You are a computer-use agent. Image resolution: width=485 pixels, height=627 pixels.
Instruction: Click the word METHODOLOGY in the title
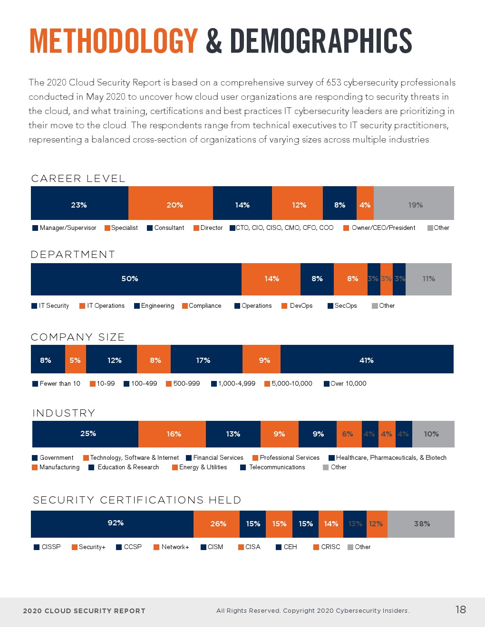114,41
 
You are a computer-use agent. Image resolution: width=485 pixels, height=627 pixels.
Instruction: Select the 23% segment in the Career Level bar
79,205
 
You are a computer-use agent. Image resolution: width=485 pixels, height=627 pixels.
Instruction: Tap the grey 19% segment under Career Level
415,205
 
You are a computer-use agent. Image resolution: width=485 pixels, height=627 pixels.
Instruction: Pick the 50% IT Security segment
130,279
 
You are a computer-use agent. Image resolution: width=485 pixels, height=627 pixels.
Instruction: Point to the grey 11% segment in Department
428,279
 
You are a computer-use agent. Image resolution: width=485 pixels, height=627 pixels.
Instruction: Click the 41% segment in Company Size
366,360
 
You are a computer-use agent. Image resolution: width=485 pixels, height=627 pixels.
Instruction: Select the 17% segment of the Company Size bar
203,360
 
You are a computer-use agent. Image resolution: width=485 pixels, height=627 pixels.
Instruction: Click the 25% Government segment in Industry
88,434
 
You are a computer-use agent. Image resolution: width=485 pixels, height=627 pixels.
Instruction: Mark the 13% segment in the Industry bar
233,434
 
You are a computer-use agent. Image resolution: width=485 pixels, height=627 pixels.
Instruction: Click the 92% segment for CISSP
116,523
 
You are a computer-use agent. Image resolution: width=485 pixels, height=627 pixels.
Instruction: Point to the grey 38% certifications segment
422,523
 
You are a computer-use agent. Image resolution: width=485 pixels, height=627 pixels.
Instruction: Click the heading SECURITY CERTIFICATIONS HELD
137,500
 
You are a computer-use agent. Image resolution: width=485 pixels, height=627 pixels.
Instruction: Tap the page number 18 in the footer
460,610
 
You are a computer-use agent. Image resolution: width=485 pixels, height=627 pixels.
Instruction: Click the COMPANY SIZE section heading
78,337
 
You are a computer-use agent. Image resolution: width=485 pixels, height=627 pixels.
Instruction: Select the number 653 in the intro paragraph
334,83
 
